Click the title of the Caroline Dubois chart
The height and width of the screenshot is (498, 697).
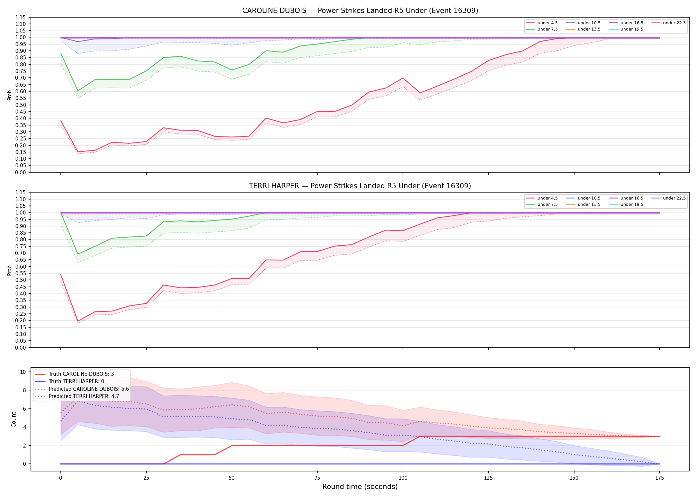(x=360, y=11)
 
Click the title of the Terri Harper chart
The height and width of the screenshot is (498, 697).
(x=360, y=186)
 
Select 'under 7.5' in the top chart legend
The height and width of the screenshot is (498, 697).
(x=548, y=29)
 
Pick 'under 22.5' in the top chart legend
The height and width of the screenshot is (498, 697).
(x=674, y=23)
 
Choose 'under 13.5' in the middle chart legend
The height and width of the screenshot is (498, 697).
(x=589, y=205)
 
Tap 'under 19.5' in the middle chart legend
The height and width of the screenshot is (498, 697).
(x=632, y=205)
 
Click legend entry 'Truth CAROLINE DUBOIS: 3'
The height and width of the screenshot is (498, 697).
(x=81, y=374)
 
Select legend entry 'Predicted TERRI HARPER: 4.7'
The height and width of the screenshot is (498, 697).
(x=84, y=396)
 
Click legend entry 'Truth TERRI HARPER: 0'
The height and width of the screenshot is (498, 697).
(x=76, y=381)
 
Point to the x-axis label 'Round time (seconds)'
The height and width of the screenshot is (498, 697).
(x=360, y=487)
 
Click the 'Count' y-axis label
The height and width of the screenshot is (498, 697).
(x=14, y=419)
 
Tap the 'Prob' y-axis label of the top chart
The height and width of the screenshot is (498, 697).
(x=10, y=95)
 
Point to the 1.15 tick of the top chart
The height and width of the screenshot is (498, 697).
(x=21, y=17)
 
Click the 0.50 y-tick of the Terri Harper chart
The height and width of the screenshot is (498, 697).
(x=21, y=280)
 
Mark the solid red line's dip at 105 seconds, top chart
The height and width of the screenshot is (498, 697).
(x=420, y=93)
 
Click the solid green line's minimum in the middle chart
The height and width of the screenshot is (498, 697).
(x=78, y=254)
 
